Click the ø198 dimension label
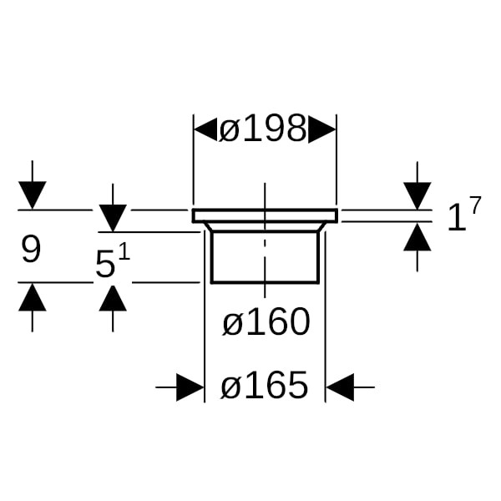(263, 129)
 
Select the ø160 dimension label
(266, 322)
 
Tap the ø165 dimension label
(265, 387)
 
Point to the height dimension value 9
(31, 249)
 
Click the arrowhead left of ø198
(205, 129)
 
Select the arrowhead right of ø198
(322, 129)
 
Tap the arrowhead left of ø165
(191, 387)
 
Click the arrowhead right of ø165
(339, 387)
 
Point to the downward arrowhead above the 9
(32, 196)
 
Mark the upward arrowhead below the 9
(32, 296)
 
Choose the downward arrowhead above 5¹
(113, 218)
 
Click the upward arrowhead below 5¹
(113, 296)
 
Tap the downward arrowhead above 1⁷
(417, 196)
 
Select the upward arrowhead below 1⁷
(417, 236)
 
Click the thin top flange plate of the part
(265, 215)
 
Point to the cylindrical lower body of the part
(265, 257)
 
